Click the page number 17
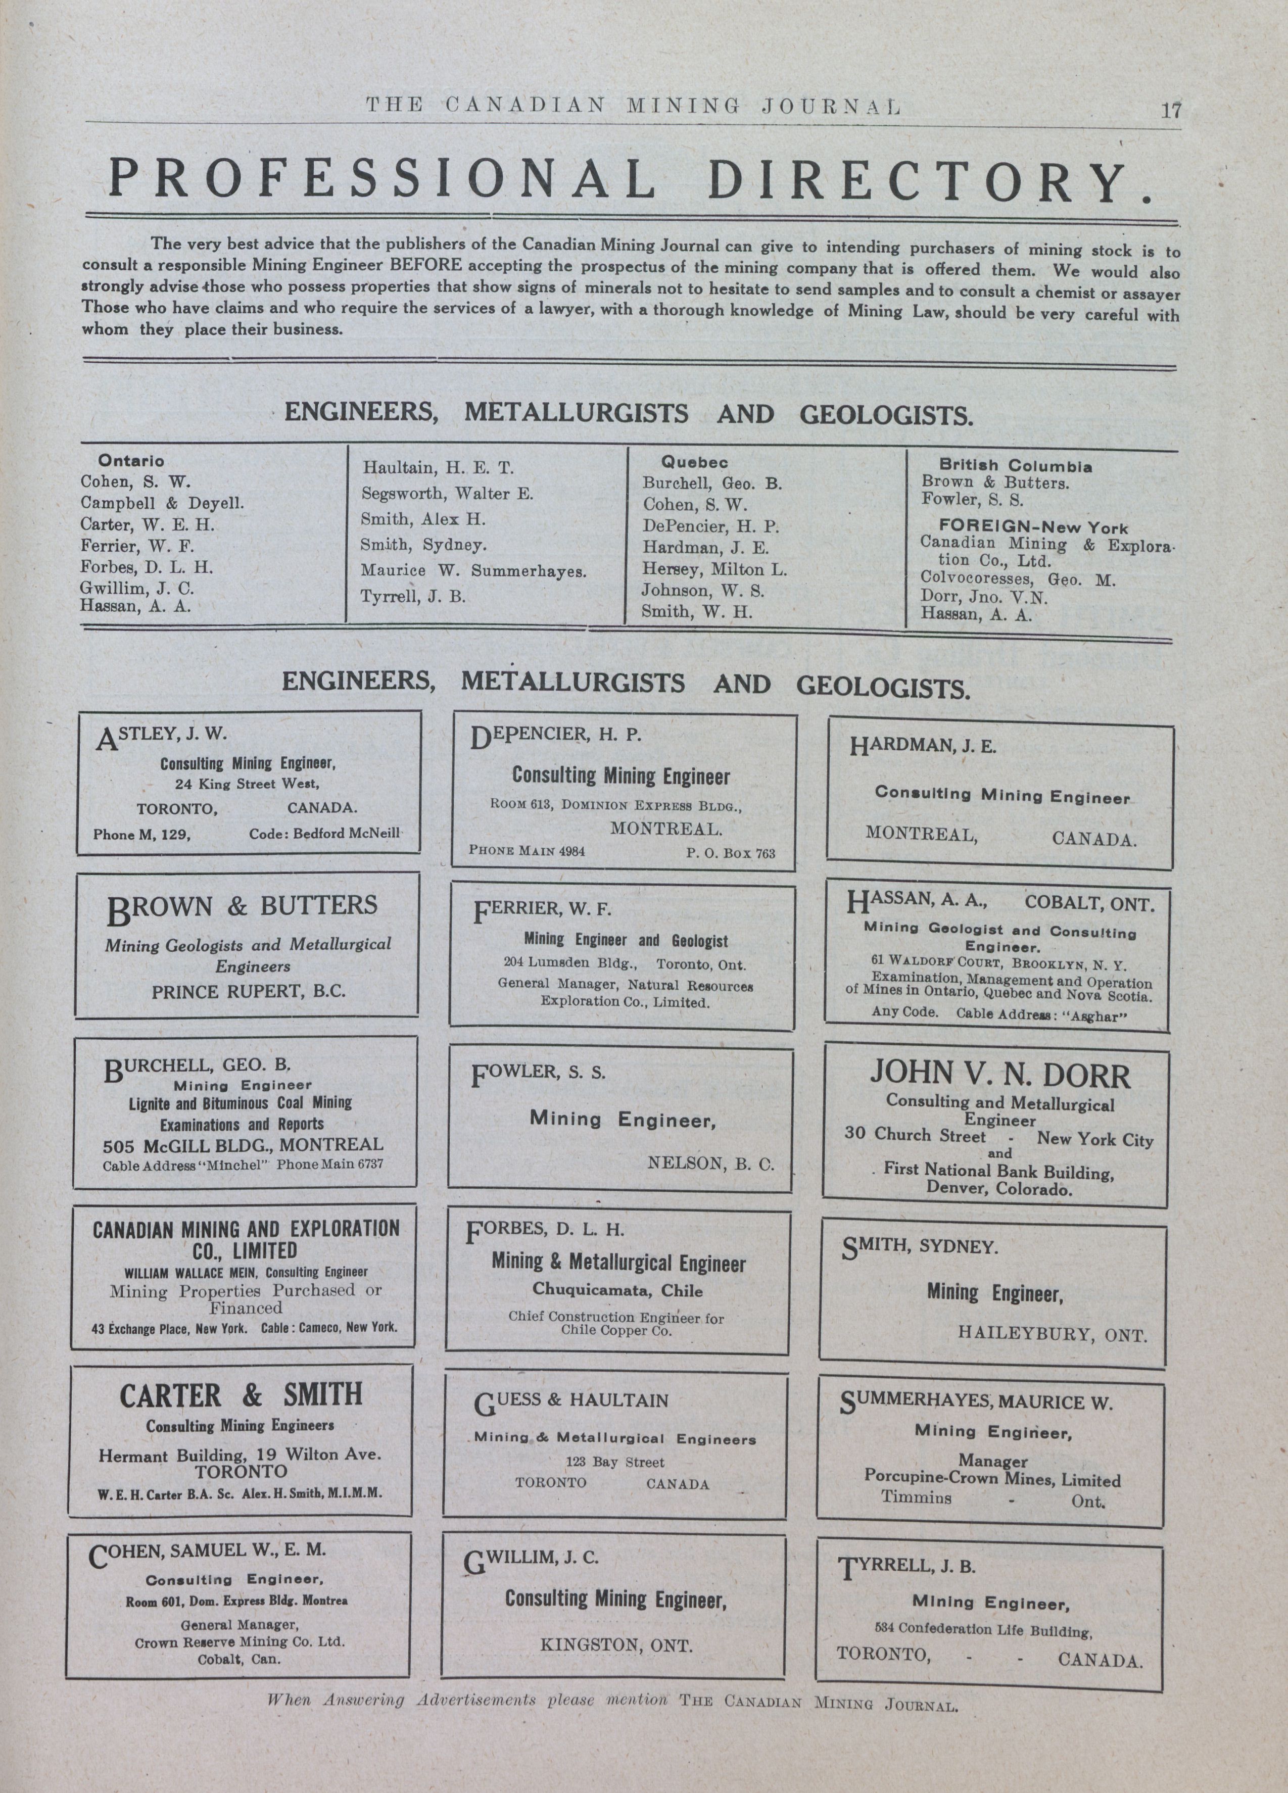tap(1170, 110)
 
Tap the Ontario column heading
tap(130, 461)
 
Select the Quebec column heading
tap(694, 462)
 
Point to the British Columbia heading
tap(1015, 466)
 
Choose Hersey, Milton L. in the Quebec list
tap(714, 569)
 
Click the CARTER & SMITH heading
tap(241, 1395)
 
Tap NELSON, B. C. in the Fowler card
tap(710, 1163)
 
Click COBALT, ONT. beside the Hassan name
tap(1089, 904)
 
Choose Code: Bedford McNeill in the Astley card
tap(325, 833)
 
